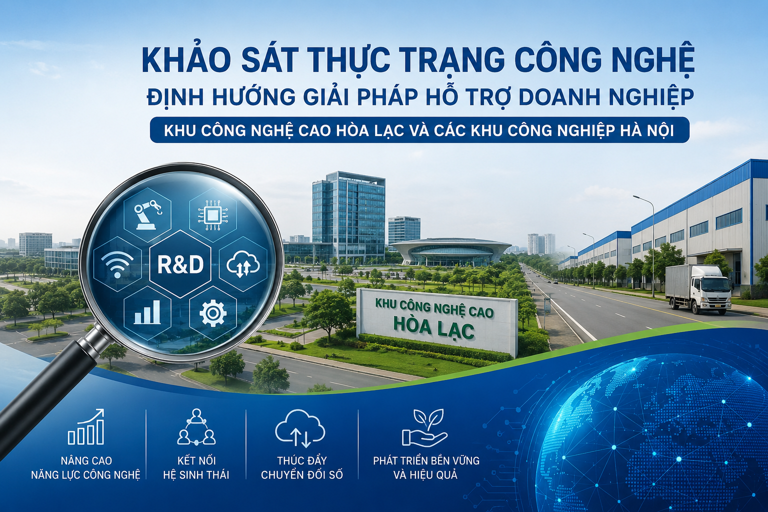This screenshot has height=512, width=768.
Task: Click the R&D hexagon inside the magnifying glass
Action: click(180, 264)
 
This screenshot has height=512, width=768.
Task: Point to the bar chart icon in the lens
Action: click(147, 312)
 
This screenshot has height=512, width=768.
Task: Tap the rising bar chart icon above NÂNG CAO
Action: click(86, 426)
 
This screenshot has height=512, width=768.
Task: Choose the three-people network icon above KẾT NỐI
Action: click(196, 426)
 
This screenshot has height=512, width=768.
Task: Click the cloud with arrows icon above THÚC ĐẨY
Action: click(300, 428)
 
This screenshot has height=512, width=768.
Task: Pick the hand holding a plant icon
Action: click(425, 427)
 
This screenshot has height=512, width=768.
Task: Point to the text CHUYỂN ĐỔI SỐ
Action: click(301, 475)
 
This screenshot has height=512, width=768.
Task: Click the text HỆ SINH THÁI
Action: click(196, 475)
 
